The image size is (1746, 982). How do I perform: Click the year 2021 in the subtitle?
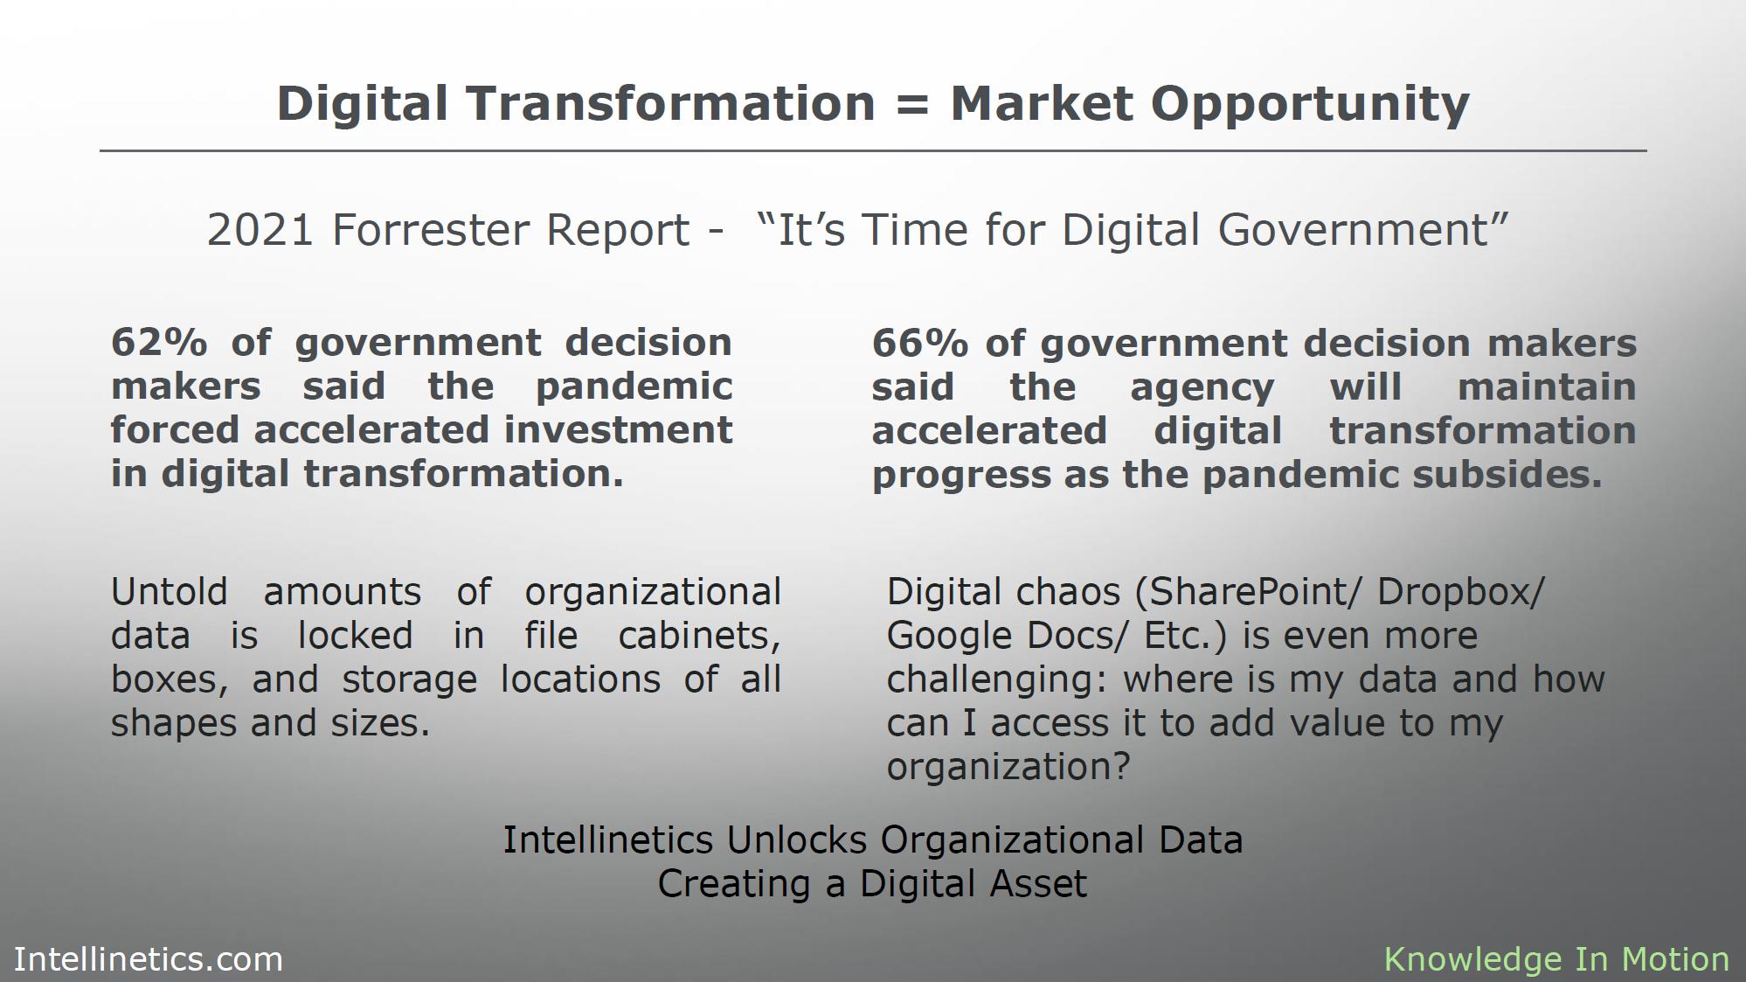[260, 230]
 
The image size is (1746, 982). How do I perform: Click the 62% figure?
[159, 342]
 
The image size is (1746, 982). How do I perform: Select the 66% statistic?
[920, 343]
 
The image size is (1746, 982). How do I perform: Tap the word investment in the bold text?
[618, 430]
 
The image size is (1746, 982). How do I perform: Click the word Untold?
[169, 592]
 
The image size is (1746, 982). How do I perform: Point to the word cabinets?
[699, 636]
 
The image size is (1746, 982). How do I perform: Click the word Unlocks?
[798, 839]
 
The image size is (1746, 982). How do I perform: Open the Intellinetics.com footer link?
[149, 959]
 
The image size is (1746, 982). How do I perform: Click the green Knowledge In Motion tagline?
[1556, 960]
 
